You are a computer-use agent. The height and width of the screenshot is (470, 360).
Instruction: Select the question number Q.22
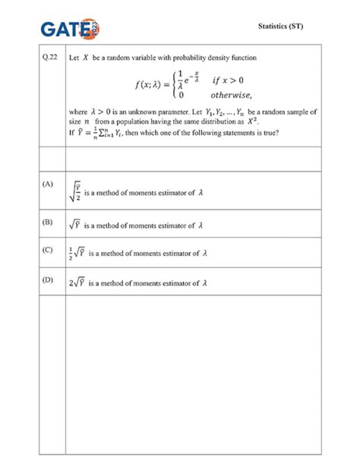(49, 57)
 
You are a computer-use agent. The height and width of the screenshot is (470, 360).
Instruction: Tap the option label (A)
(49, 185)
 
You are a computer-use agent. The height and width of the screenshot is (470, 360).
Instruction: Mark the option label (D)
(49, 280)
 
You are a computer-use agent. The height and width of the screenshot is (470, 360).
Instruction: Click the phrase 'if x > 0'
(227, 78)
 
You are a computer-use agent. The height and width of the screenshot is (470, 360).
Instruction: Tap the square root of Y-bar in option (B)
(74, 225)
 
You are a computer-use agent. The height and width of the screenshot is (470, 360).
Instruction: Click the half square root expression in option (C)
(77, 254)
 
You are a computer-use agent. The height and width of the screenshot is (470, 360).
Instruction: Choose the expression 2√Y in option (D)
(77, 283)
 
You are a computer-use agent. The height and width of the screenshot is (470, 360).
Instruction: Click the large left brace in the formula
(172, 85)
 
